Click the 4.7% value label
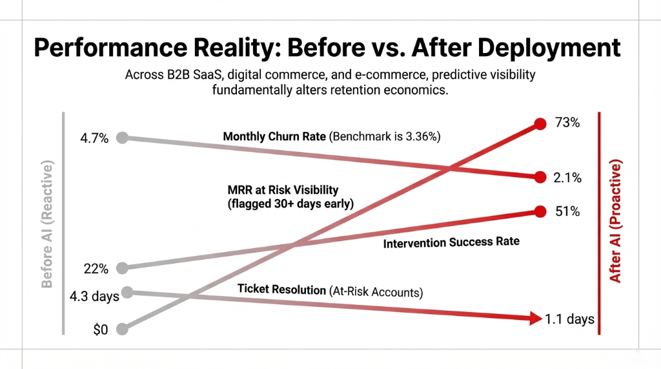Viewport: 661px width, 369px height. click(x=94, y=138)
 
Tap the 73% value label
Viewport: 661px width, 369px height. click(x=568, y=123)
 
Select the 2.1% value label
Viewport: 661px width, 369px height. click(x=568, y=178)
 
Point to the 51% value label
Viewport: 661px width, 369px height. click(x=568, y=212)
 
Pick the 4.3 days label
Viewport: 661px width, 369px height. click(x=94, y=297)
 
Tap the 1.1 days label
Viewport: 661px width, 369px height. click(x=570, y=319)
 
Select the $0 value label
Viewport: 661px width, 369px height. click(x=101, y=330)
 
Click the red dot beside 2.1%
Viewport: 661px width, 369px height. click(x=540, y=177)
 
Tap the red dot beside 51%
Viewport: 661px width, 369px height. click(x=540, y=211)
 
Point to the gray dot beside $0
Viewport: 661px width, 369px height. click(x=123, y=329)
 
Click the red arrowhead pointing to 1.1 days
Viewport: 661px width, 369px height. click(x=534, y=318)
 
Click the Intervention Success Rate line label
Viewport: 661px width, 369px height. click(x=451, y=244)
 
